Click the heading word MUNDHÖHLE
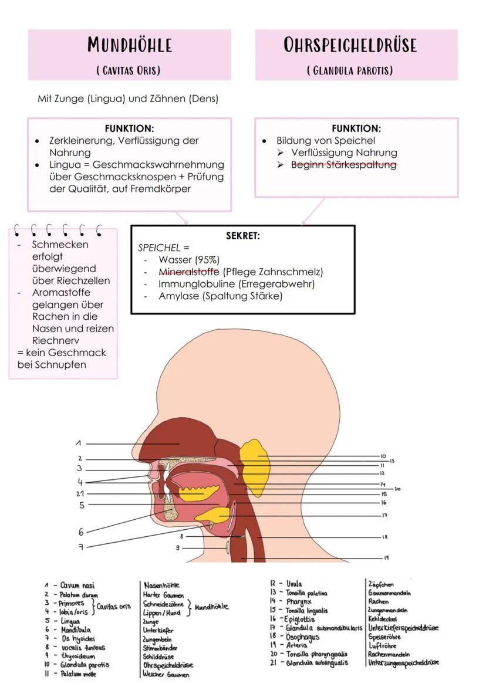[x=130, y=45]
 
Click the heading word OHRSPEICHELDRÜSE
[x=350, y=45]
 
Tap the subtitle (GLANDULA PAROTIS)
[x=350, y=71]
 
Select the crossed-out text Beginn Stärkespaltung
[x=344, y=165]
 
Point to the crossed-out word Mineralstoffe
[x=188, y=272]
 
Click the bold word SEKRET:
[x=242, y=236]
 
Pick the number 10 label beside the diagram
[x=383, y=456]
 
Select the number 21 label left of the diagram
[x=80, y=493]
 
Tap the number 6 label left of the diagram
[x=81, y=532]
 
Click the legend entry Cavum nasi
[x=77, y=586]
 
